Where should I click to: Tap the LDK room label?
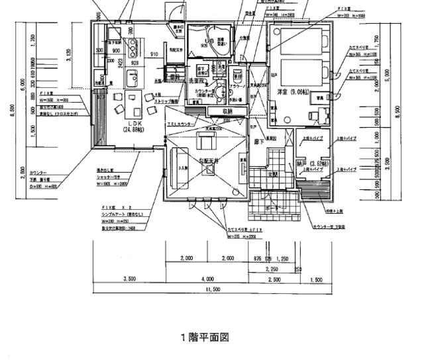pyautogui.click(x=132, y=123)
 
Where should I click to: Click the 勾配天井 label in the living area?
pyautogui.click(x=209, y=161)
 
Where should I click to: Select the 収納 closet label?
pyautogui.click(x=228, y=111)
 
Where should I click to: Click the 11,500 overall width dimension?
pyautogui.click(x=212, y=290)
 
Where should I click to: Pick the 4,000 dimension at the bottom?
pyautogui.click(x=207, y=279)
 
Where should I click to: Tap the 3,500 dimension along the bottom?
pyautogui.click(x=129, y=279)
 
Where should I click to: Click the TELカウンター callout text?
pyautogui.click(x=181, y=124)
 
